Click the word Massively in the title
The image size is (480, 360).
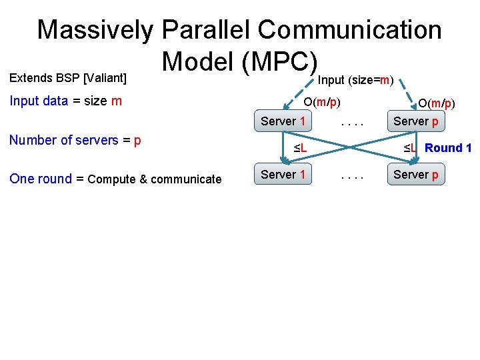click(x=95, y=30)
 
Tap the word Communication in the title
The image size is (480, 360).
click(x=350, y=30)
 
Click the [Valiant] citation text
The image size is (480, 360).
click(x=105, y=78)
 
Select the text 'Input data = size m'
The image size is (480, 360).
click(x=65, y=101)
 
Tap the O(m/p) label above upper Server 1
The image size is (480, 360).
click(x=323, y=103)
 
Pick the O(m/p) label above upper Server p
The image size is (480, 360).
click(x=436, y=103)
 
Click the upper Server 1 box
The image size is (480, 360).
click(x=283, y=121)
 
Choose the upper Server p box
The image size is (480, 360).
click(x=416, y=121)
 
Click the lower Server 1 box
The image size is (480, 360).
click(x=283, y=175)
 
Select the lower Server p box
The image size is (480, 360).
click(x=416, y=175)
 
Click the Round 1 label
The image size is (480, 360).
click(x=448, y=148)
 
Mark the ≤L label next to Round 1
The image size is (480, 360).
click(x=409, y=148)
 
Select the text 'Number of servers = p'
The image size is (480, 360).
click(x=75, y=141)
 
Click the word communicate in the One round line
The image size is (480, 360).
click(x=187, y=179)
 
